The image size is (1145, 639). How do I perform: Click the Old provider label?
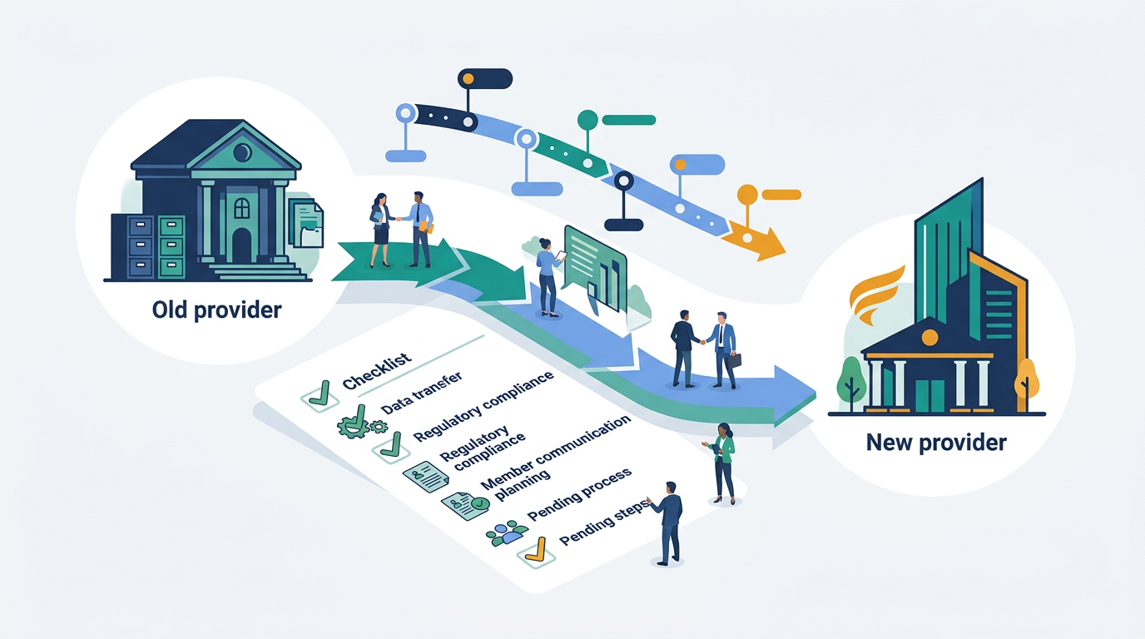(216, 310)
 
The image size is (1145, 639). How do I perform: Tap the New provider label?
(936, 442)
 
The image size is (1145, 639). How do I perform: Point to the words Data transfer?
(422, 393)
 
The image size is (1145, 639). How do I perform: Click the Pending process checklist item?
(579, 494)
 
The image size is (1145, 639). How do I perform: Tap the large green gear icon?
(354, 424)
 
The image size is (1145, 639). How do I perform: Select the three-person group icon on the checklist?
(506, 533)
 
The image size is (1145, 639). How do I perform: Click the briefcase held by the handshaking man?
(734, 360)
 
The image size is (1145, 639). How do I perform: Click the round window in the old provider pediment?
(241, 151)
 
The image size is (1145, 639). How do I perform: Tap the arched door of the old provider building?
(242, 245)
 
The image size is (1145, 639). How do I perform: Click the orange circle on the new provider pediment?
(929, 338)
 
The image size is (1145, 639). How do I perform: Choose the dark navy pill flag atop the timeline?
(484, 79)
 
